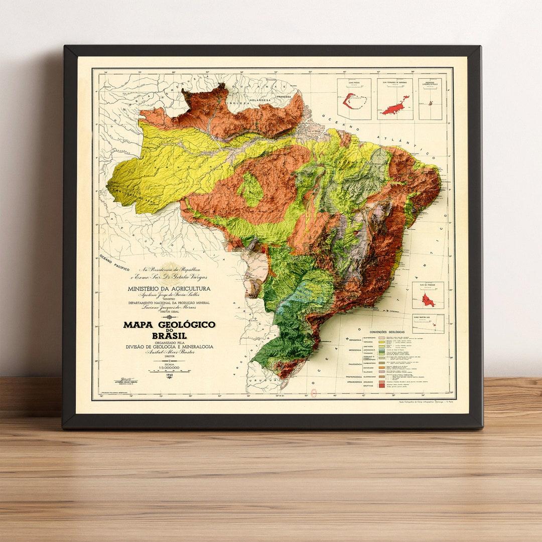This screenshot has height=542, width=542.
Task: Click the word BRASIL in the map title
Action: coord(170,335)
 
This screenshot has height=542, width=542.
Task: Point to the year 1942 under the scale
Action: coord(169,374)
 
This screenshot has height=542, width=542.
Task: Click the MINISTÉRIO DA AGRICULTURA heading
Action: coord(169,289)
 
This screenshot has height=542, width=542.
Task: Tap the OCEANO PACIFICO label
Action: coord(114,263)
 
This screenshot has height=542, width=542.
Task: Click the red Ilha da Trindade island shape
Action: coord(428,300)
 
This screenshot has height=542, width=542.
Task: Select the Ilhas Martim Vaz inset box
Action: coord(428,324)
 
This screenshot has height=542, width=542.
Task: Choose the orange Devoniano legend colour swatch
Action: coord(380,368)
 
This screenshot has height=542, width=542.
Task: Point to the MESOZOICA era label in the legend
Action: coord(355,350)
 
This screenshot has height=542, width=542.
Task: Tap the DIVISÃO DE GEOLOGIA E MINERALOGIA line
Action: coord(169,347)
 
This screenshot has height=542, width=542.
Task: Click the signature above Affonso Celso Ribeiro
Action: coord(124,379)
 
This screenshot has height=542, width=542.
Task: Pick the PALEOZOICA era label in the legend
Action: coord(355,364)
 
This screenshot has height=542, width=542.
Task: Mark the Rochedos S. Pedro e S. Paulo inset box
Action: coord(432,99)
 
